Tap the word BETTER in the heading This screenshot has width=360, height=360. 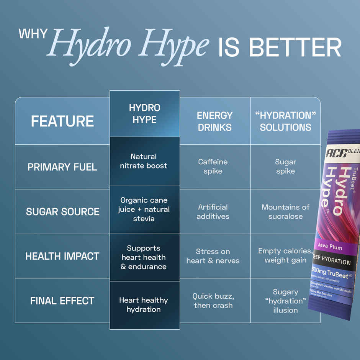click(x=295, y=47)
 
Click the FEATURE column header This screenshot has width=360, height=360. click(x=62, y=121)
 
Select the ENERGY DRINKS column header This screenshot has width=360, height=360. click(x=214, y=121)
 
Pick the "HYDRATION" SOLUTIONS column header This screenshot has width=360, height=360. click(x=285, y=121)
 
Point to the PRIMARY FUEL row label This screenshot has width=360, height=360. click(x=62, y=167)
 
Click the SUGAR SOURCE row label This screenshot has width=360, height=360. click(x=62, y=211)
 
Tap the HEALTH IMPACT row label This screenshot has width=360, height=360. click(x=62, y=256)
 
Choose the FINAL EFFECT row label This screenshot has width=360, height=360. click(x=62, y=301)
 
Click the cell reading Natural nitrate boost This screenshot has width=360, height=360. click(x=144, y=161)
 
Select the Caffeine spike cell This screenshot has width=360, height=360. click(x=213, y=167)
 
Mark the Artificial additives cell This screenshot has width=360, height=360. click(x=213, y=211)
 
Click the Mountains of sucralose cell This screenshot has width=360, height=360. click(x=285, y=211)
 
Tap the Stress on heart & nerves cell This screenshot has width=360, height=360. click(x=213, y=256)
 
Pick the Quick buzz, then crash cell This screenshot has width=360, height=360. click(x=213, y=301)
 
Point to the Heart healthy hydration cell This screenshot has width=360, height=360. click(x=144, y=305)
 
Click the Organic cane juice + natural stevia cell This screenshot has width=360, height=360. click(x=144, y=209)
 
